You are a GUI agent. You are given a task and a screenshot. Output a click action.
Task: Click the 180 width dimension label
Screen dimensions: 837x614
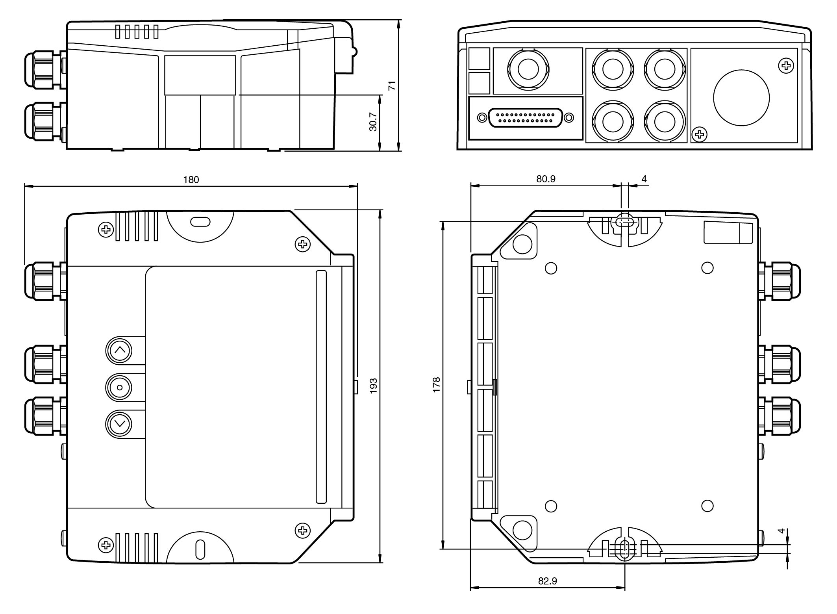(x=191, y=180)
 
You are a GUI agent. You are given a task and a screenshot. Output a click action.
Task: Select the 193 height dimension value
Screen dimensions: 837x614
(x=374, y=386)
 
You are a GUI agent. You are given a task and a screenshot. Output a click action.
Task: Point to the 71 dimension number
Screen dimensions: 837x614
(x=393, y=85)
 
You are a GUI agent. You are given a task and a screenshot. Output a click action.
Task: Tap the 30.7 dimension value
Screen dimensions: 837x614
(x=373, y=122)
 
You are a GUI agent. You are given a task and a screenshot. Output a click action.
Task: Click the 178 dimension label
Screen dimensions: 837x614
(x=436, y=385)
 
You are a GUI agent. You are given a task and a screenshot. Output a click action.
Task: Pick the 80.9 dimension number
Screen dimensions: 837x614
(x=546, y=179)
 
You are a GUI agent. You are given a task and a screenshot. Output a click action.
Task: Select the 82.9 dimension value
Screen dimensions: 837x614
(x=548, y=581)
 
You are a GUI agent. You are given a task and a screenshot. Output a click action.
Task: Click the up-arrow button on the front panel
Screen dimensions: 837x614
(x=119, y=350)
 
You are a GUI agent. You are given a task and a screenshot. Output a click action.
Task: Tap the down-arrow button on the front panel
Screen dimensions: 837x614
(x=119, y=424)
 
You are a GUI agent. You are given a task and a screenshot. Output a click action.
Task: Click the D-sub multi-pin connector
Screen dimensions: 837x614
(x=525, y=118)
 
